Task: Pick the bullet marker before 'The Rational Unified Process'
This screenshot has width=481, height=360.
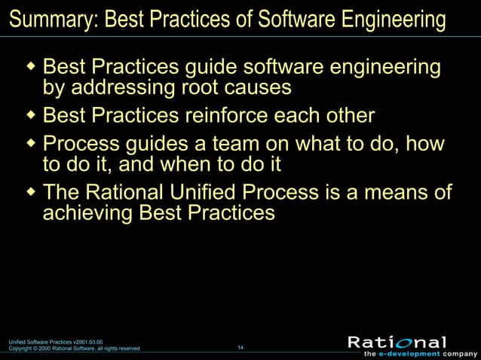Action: (31, 191)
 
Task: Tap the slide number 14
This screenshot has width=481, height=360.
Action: (240, 347)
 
